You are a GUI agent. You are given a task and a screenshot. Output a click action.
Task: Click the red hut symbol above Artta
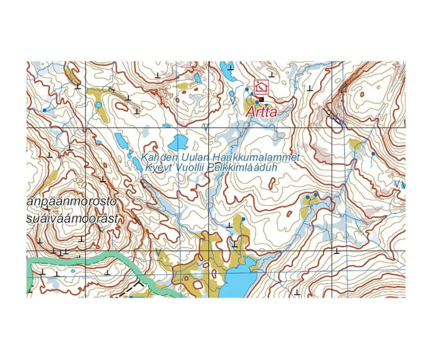pyautogui.click(x=261, y=88)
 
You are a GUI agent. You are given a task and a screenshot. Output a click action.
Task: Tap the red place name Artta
pyautogui.click(x=261, y=112)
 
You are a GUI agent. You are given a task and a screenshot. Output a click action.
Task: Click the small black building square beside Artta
pyautogui.click(x=261, y=100)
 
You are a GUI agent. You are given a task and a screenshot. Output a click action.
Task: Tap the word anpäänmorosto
pyautogui.click(x=71, y=202)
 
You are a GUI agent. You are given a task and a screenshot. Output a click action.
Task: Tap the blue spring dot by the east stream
pyautogui.click(x=373, y=154)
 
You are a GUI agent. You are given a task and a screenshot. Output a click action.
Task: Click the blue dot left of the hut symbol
pyautogui.click(x=247, y=89)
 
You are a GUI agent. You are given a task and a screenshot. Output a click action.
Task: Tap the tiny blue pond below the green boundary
pyautogui.click(x=73, y=271)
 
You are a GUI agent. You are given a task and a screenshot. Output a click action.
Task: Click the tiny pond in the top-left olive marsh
pyautogui.click(x=98, y=104)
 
